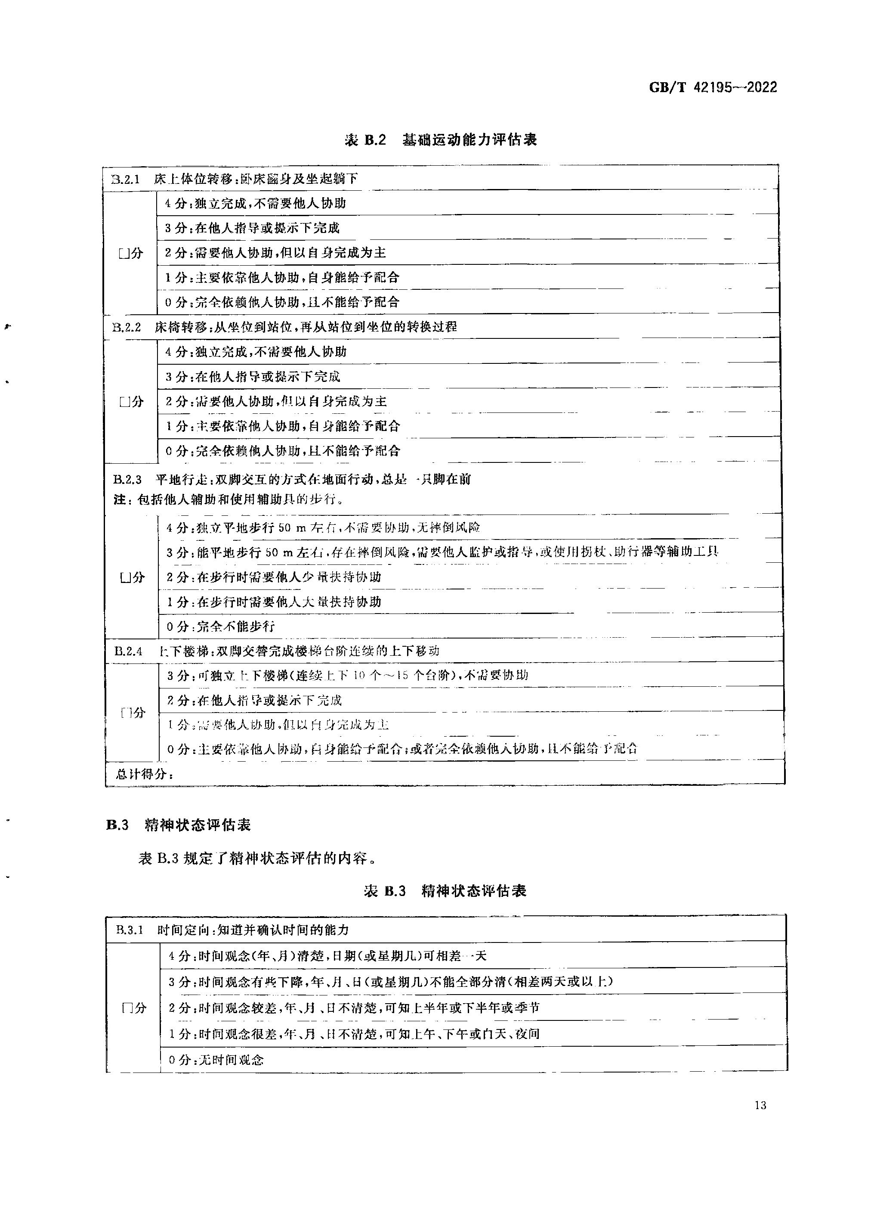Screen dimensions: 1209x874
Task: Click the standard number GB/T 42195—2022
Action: pos(713,87)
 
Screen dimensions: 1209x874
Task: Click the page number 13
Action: pos(760,1105)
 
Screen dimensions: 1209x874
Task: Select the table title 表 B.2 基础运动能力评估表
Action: pos(441,140)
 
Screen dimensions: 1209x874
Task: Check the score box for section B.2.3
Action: pos(125,577)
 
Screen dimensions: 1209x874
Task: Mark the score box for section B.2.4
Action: pos(127,713)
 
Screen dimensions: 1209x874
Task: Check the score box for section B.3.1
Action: pos(127,1008)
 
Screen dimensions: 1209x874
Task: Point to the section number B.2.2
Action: pos(127,327)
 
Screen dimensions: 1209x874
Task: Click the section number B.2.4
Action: pos(128,651)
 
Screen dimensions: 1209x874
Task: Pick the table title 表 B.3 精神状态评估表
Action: pos(445,891)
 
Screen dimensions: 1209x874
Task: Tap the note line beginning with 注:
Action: pos(228,499)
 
